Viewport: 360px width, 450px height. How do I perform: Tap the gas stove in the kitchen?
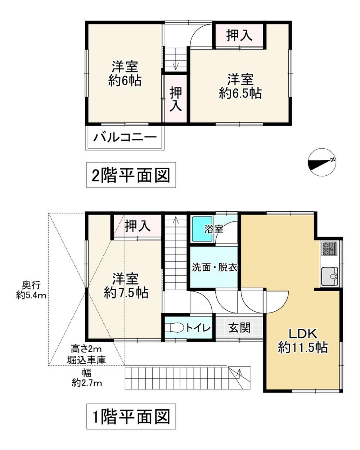click(x=329, y=249)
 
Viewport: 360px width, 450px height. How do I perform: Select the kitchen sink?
click(x=329, y=276)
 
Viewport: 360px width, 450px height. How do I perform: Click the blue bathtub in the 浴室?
click(x=202, y=229)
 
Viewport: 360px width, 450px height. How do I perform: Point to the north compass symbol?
click(x=322, y=162)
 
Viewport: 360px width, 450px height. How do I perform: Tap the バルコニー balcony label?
click(x=125, y=138)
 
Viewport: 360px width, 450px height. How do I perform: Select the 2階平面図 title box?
click(x=131, y=175)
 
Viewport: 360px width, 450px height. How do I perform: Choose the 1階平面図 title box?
click(x=131, y=416)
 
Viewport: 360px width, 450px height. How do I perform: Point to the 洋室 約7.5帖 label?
click(x=126, y=285)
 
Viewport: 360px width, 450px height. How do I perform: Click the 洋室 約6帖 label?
click(x=125, y=73)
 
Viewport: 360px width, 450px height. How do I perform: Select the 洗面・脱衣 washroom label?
click(x=215, y=267)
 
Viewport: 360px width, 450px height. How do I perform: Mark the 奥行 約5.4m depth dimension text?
click(x=31, y=291)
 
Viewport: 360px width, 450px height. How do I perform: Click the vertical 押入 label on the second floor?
click(x=175, y=99)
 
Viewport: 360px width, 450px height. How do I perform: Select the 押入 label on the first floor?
click(x=138, y=226)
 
